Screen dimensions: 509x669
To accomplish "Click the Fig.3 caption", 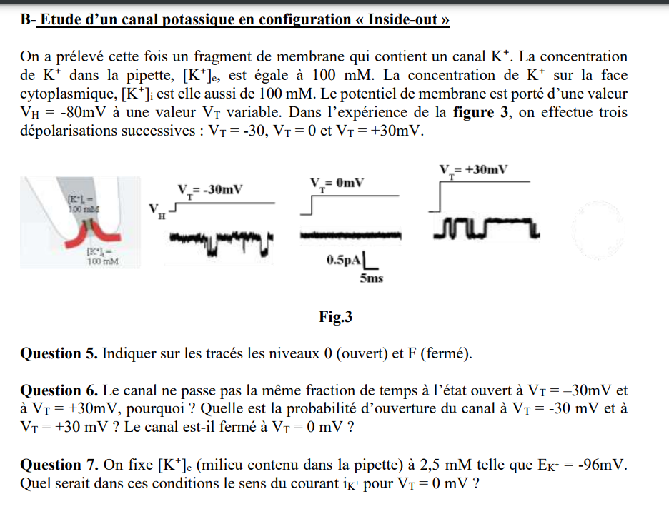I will (336, 317).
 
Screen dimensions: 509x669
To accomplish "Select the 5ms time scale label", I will (371, 278).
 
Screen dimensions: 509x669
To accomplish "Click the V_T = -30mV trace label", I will (210, 190).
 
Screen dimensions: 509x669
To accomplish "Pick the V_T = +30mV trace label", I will (474, 170).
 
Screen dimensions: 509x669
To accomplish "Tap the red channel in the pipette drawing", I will (88, 232).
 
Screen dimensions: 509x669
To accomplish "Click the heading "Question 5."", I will (60, 354).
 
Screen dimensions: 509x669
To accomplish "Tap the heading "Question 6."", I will (60, 390).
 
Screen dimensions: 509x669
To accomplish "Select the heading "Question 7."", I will (60, 465).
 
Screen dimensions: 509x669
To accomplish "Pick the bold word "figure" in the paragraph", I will (474, 113).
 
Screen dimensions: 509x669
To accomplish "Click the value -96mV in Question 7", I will (602, 465).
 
